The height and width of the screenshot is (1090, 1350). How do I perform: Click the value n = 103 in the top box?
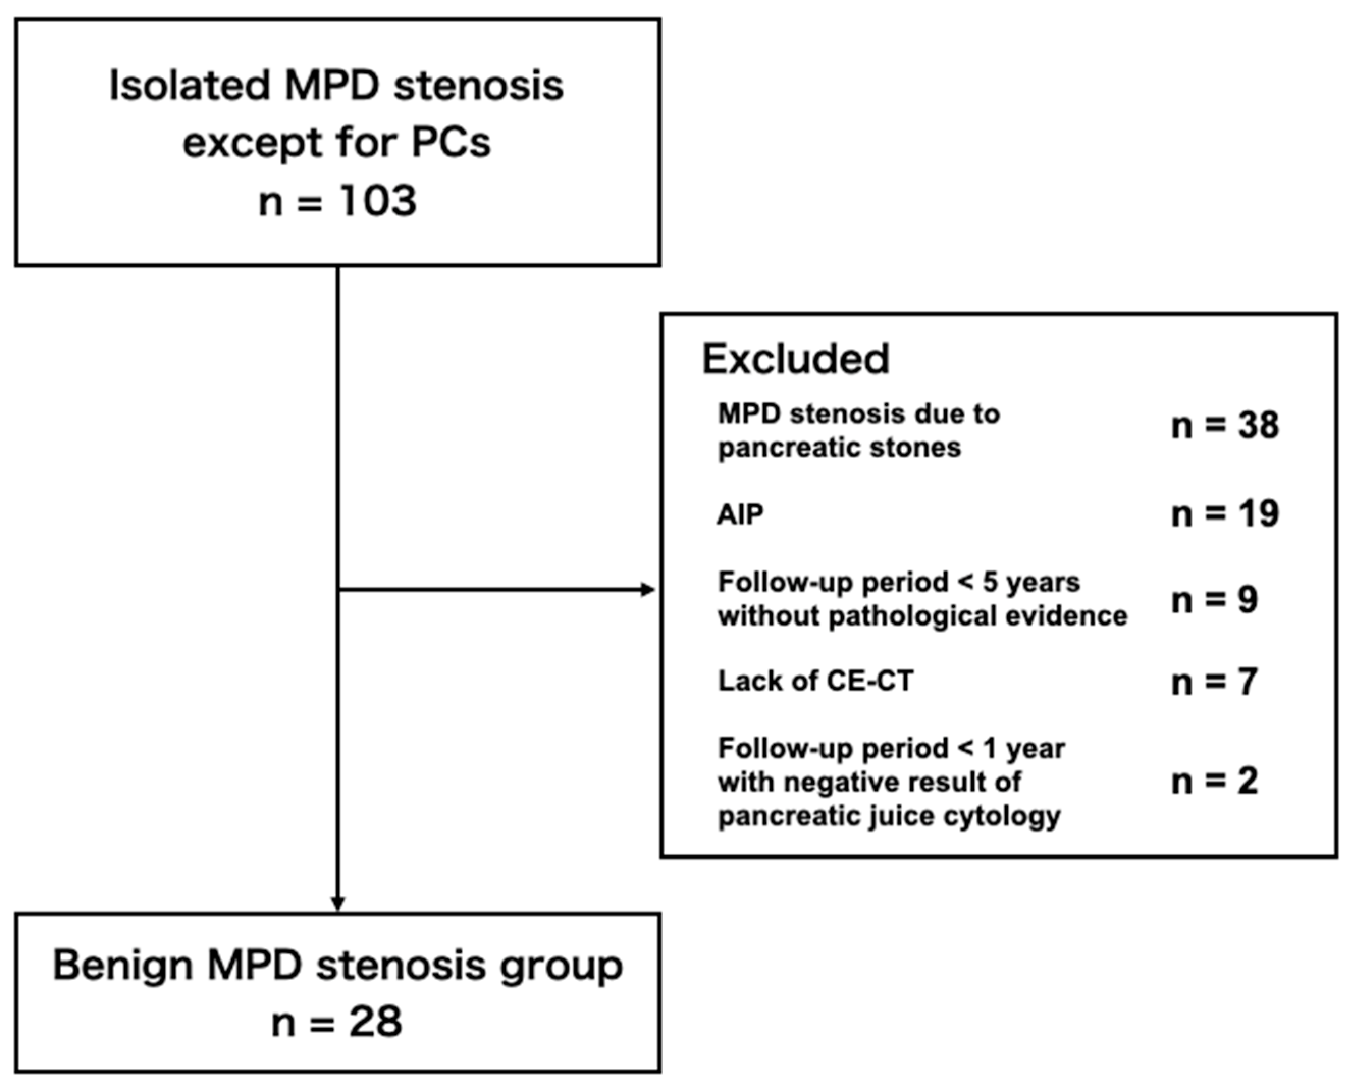[338, 201]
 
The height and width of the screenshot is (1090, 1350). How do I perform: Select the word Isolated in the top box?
[190, 86]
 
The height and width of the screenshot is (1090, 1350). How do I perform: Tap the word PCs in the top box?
[451, 143]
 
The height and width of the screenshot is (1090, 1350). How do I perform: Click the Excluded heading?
[795, 359]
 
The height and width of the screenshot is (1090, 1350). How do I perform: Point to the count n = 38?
[1225, 426]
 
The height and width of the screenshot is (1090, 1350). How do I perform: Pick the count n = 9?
[1214, 600]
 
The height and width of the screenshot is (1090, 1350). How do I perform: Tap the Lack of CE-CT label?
[815, 681]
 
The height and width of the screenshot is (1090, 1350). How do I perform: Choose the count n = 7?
[1214, 683]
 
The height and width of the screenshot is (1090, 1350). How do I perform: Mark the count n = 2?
[1214, 782]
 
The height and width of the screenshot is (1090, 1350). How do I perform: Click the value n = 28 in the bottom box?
[337, 1022]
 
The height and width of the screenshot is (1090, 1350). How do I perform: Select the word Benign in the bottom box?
[122, 966]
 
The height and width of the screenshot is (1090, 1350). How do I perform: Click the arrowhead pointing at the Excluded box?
[648, 589]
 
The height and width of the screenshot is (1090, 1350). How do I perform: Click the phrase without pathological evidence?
[922, 616]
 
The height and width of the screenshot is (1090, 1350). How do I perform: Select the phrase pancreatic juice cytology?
[889, 817]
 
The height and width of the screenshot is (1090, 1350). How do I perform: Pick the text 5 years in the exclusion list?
[1030, 583]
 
